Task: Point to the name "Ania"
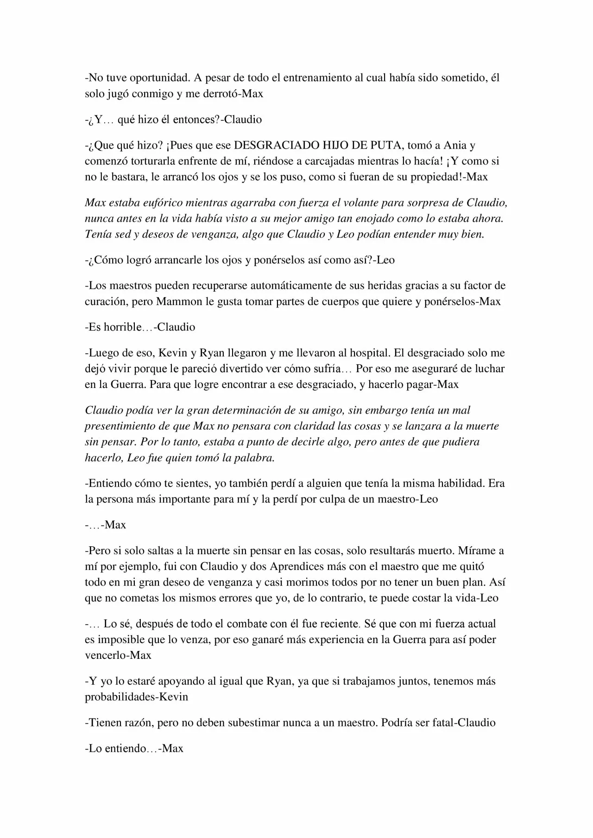[x=456, y=145]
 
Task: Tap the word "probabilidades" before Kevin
[x=120, y=697]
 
